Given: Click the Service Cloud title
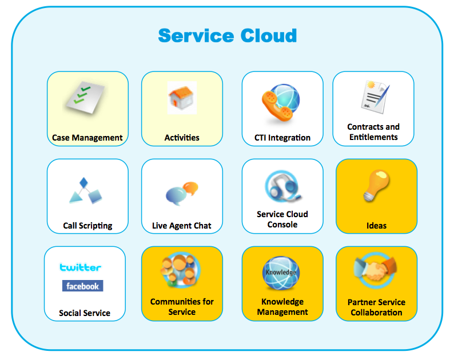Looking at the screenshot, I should (228, 35).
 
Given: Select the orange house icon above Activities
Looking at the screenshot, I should (182, 98).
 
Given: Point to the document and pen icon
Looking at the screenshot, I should (374, 95).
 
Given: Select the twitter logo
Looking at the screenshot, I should (81, 267).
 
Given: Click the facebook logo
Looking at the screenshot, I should (82, 286).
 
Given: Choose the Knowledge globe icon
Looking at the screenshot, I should (281, 274).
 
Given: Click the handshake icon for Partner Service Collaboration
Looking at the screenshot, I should (376, 271).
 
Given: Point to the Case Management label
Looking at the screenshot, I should (87, 138).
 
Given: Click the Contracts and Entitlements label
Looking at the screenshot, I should (373, 132).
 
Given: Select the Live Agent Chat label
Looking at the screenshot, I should (182, 226).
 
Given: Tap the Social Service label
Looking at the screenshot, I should (85, 313).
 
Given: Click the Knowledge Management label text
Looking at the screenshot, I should (282, 307).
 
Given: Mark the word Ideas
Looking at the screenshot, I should (376, 226).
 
